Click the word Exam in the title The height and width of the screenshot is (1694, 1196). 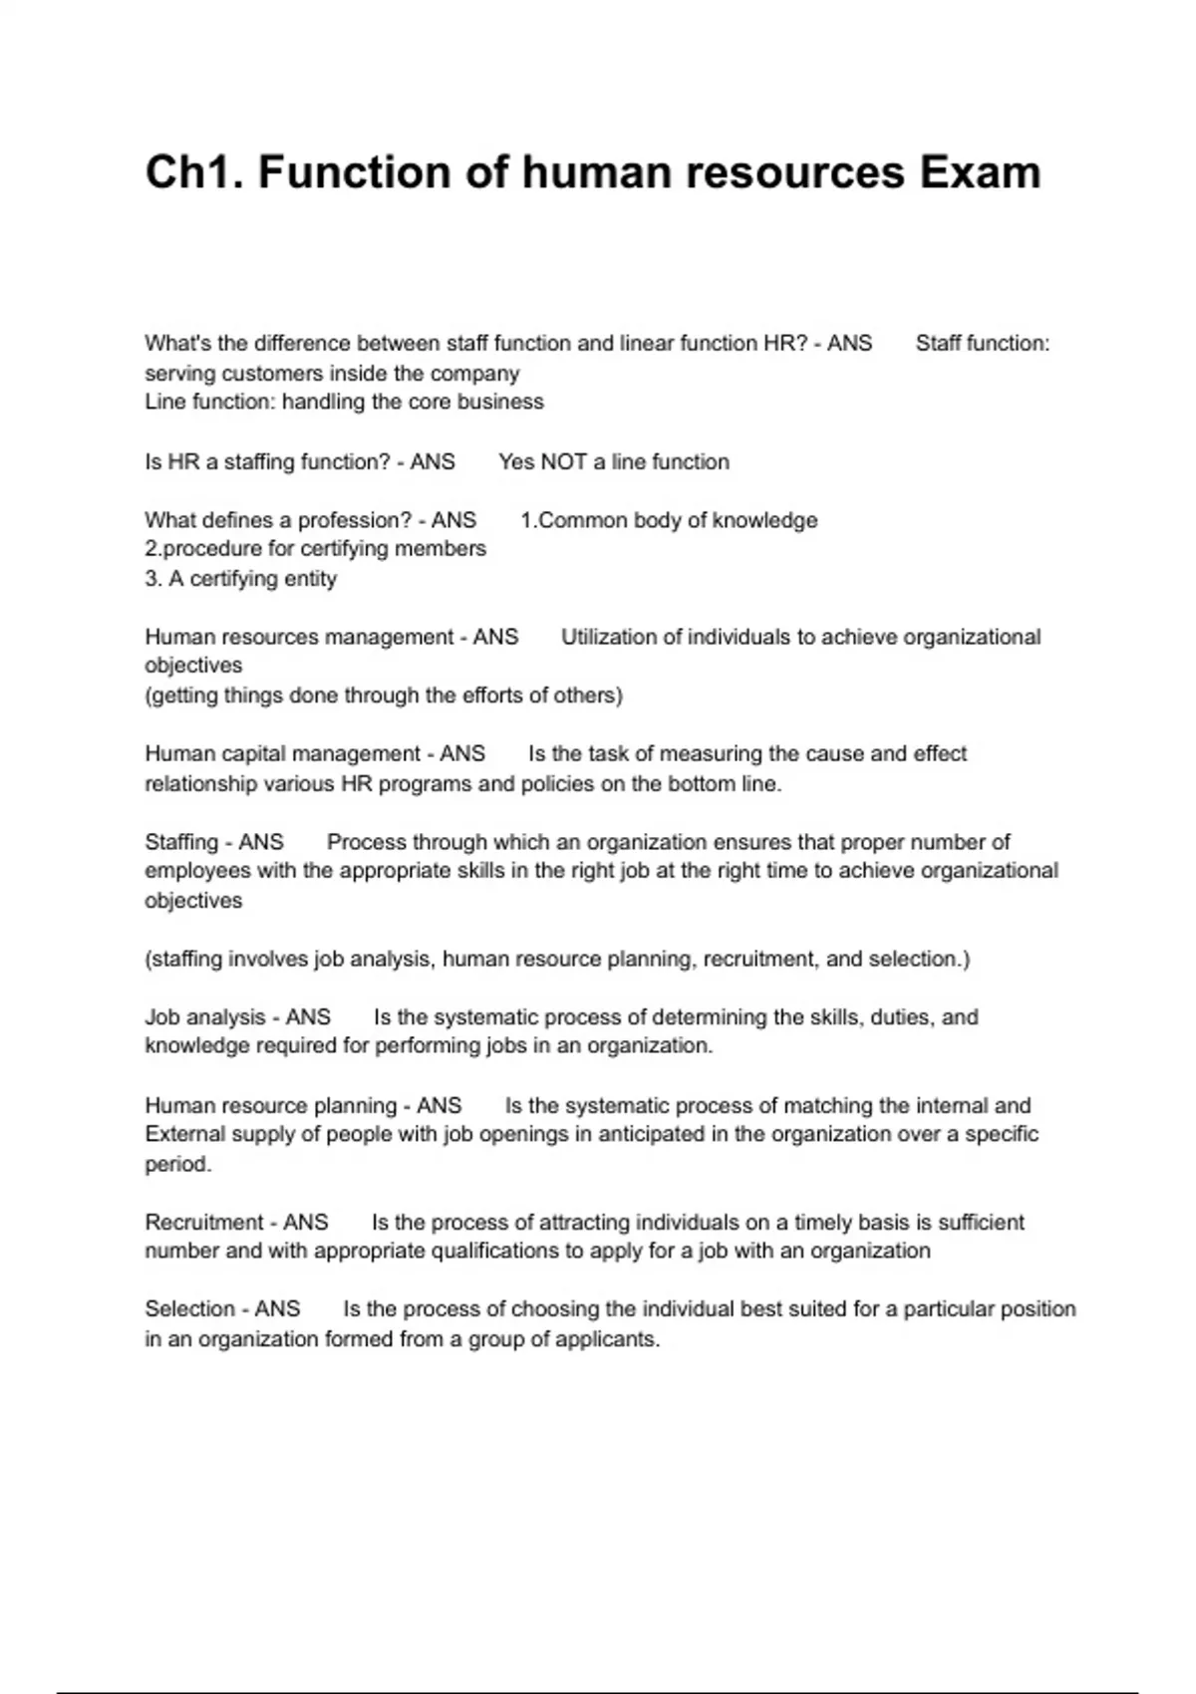pos(980,172)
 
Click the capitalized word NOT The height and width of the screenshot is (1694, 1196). pos(565,462)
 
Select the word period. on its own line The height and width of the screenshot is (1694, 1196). pos(177,1164)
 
